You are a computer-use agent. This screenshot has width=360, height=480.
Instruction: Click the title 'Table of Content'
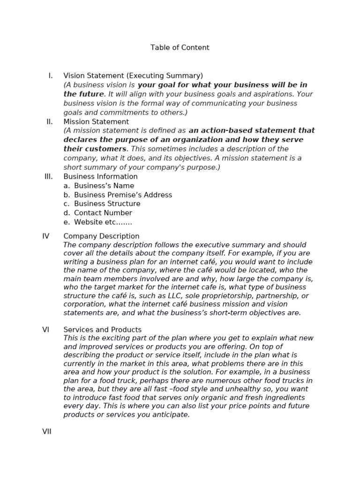tap(180, 48)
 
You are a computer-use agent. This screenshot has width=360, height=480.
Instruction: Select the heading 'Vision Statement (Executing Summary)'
tap(133, 76)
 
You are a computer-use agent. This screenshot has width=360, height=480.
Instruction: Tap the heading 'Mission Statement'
tap(96, 122)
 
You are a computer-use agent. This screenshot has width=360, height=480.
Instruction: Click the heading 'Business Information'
tap(100, 177)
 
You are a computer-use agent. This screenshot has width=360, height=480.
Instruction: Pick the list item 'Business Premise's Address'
tap(123, 195)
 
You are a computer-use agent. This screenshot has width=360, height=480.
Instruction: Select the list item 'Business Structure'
tap(107, 204)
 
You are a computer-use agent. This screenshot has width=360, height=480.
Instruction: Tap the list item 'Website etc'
tap(103, 222)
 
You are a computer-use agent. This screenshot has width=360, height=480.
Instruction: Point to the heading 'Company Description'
tap(101, 236)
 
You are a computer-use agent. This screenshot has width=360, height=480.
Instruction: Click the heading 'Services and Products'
tap(102, 330)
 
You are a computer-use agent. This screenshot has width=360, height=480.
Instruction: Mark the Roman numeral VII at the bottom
tap(47, 432)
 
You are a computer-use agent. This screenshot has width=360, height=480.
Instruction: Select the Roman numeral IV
tap(46, 236)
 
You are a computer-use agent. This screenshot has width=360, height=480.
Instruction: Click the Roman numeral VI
tap(46, 330)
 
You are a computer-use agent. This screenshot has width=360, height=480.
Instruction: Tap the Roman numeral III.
tap(48, 177)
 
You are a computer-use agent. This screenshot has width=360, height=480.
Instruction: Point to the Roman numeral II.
tap(50, 122)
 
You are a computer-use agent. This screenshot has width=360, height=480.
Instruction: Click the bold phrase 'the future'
tap(83, 94)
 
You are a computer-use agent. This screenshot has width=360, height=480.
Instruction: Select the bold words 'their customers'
tap(95, 149)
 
